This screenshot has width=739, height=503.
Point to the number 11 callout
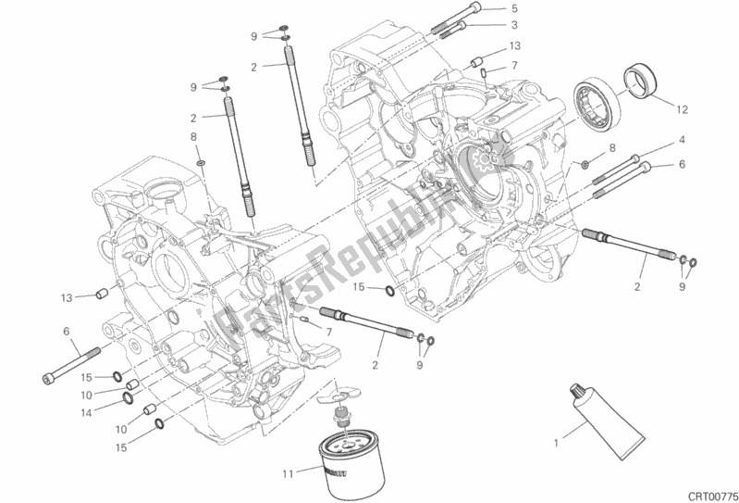coord(289,473)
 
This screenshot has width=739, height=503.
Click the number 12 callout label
coord(682,109)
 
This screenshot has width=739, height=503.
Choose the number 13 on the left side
coord(67,297)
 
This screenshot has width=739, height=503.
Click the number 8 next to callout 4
coord(613,149)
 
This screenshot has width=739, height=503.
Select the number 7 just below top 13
coord(514,64)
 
